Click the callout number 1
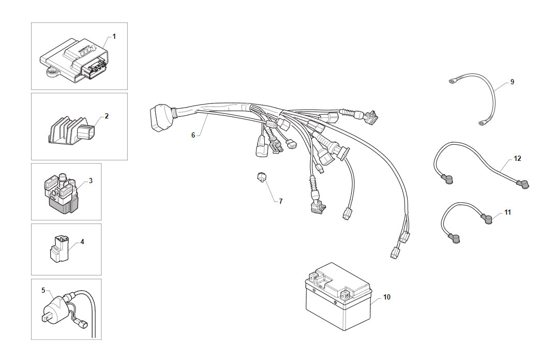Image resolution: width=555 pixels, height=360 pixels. coord(114,36)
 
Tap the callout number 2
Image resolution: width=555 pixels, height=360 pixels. coord(107,116)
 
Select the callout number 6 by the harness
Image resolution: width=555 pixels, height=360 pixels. coord(193,135)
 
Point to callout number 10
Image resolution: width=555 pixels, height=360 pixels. coord(386,297)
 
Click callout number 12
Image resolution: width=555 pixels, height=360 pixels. coord(517,159)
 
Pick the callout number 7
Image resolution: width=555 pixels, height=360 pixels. coord(281,201)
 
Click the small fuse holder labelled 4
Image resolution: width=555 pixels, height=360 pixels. coord(59,249)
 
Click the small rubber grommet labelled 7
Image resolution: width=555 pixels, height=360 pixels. coord(262,176)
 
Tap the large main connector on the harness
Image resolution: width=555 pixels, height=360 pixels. coord(159,117)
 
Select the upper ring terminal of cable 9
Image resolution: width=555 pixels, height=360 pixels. coord(453,82)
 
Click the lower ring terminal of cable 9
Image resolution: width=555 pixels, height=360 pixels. coord(482,123)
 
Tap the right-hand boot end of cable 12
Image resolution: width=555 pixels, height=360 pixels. coord(523,184)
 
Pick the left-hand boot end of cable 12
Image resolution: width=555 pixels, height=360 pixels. coord(447,178)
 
